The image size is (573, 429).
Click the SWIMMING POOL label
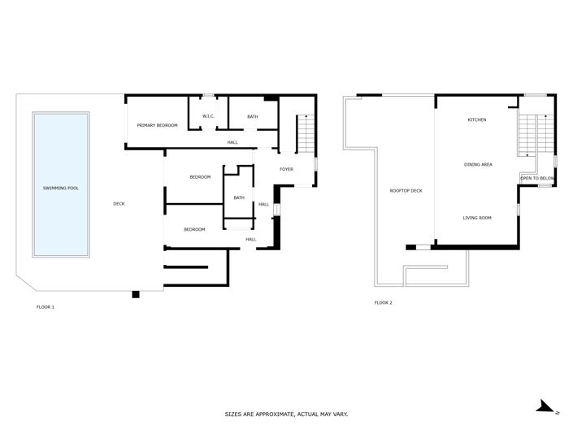(61, 188)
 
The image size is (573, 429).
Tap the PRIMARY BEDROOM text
(158, 125)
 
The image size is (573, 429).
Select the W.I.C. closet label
(208, 117)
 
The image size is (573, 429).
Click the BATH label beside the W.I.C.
(253, 117)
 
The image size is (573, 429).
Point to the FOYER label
(286, 169)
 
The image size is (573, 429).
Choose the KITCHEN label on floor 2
(477, 120)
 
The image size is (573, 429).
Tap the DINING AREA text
(478, 165)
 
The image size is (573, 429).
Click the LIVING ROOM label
(477, 218)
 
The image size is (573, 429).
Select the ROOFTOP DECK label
(406, 191)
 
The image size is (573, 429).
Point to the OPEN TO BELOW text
(537, 177)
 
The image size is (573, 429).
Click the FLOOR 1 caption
(46, 307)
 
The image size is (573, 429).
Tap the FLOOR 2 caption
(383, 302)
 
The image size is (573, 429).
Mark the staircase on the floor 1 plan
(305, 133)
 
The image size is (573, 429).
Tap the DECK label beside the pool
(119, 203)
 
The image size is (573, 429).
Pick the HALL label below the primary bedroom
(232, 142)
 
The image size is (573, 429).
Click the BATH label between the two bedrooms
(239, 197)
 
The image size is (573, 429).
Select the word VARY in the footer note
(339, 414)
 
